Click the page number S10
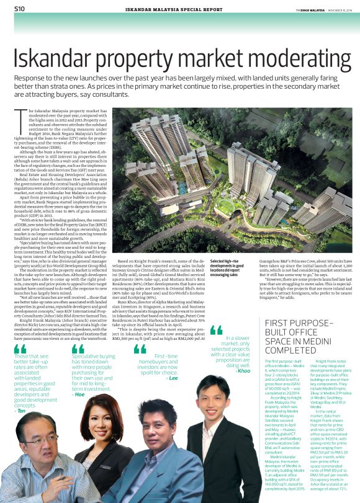[x=19, y=9]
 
